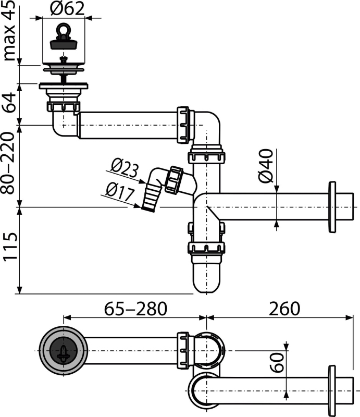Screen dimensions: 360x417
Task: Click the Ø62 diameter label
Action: [x=67, y=8]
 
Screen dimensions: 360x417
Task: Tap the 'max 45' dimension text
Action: [x=9, y=31]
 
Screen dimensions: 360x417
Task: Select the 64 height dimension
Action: [x=9, y=103]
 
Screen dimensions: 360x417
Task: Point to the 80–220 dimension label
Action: [x=8, y=163]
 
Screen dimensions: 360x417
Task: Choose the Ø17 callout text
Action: [x=120, y=191]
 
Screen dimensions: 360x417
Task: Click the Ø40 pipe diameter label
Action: [x=266, y=166]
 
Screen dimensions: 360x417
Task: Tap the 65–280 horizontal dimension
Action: [x=135, y=309]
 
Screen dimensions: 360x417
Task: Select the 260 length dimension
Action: [x=284, y=309]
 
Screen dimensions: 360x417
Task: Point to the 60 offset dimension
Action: [x=277, y=362]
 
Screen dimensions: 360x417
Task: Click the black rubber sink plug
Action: [x=64, y=44]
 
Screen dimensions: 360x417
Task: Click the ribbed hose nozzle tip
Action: [x=150, y=198]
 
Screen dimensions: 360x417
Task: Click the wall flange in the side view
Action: [x=332, y=207]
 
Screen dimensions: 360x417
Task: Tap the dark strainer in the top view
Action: [x=63, y=351]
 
